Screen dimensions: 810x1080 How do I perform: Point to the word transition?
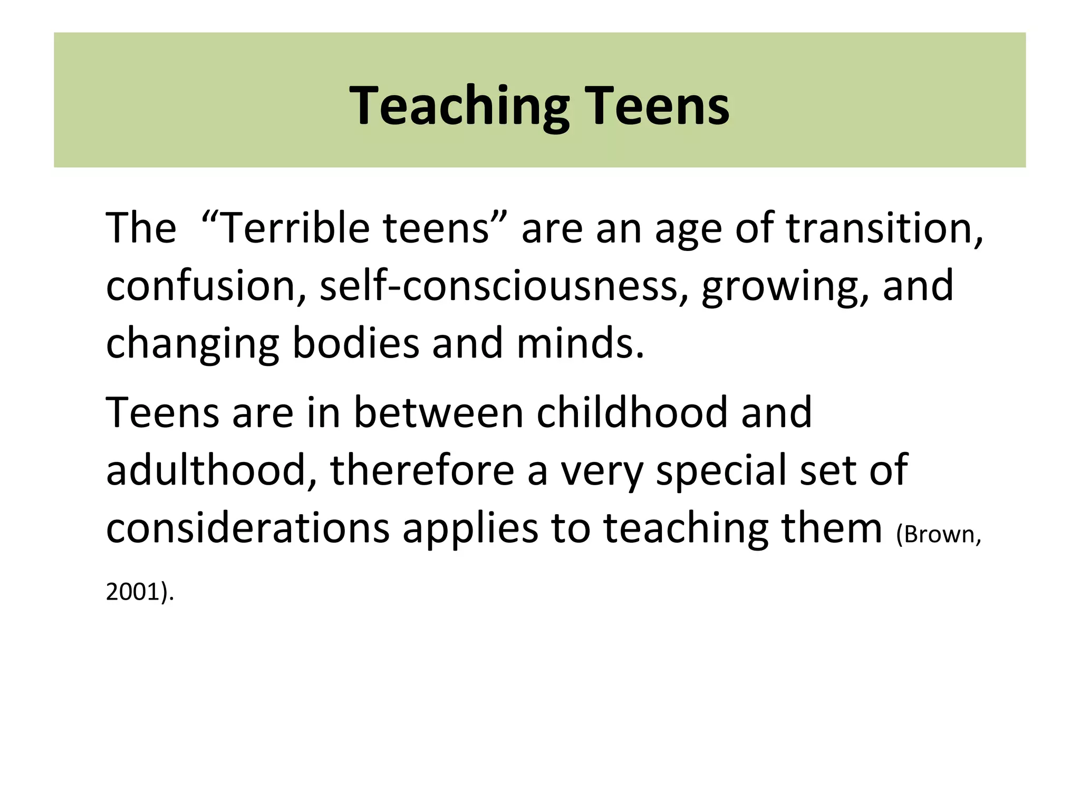click(x=884, y=228)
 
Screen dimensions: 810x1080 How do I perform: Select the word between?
click(x=438, y=412)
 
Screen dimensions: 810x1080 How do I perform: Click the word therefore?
click(x=422, y=470)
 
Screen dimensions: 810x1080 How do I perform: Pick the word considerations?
click(x=248, y=528)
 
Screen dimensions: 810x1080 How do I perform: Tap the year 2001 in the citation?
click(x=132, y=592)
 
